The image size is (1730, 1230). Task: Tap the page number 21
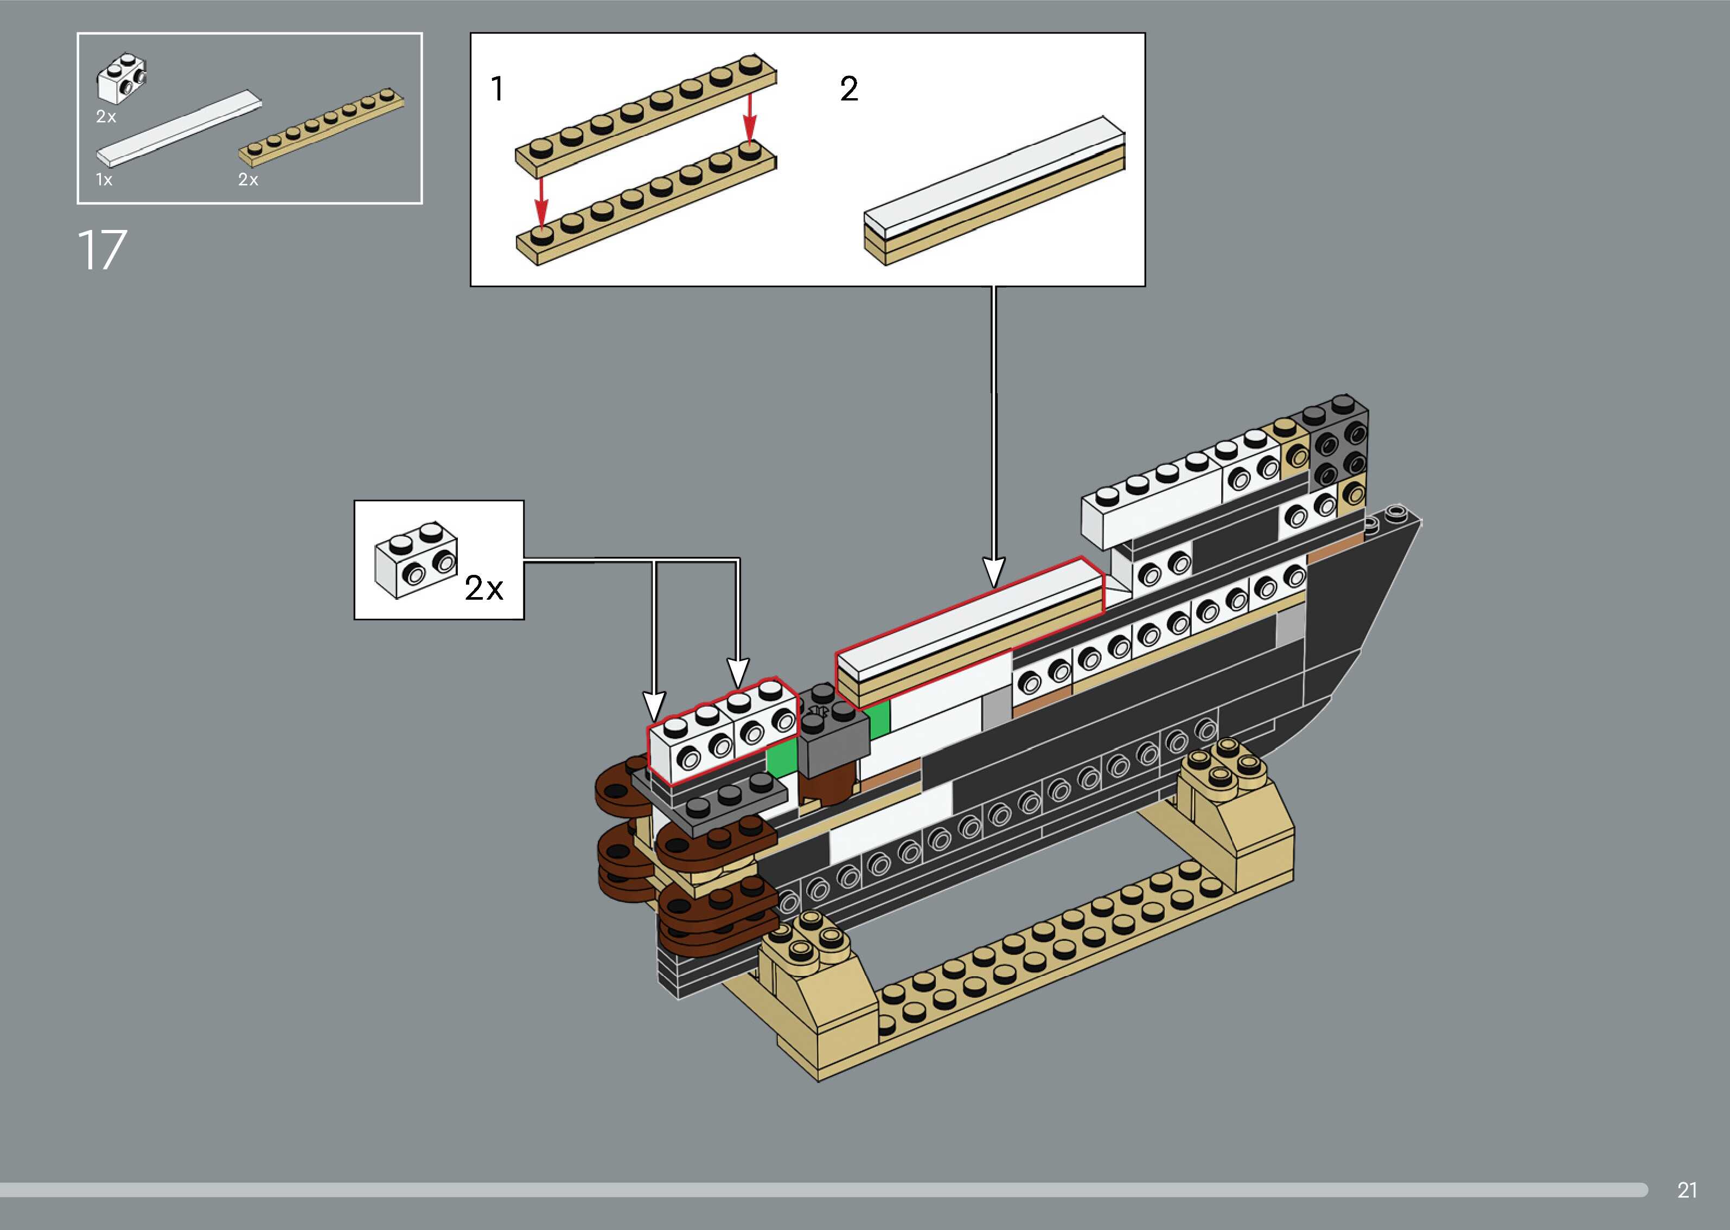point(1687,1190)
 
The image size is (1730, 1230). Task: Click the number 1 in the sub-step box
point(497,89)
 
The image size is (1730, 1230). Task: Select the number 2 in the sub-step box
point(848,89)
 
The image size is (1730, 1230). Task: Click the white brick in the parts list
point(121,78)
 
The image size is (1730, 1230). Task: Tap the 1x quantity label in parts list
point(104,180)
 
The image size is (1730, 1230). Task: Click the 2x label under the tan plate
point(248,180)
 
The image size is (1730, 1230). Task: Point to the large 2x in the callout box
point(483,588)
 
